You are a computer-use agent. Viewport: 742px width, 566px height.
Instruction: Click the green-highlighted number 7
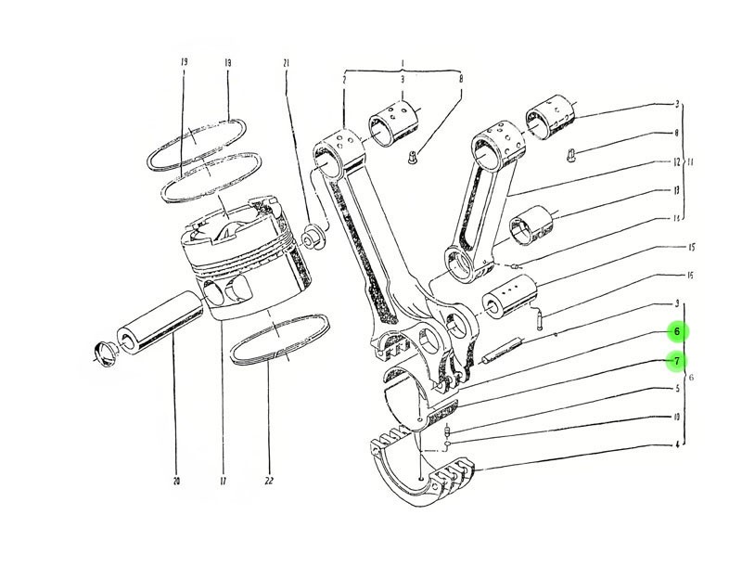677,360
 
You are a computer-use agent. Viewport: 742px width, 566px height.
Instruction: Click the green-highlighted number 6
677,331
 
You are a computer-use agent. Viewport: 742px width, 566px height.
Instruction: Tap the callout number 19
185,62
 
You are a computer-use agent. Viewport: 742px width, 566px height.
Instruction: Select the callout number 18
227,62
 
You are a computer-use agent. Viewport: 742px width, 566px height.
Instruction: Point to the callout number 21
287,62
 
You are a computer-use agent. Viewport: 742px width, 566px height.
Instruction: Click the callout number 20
175,481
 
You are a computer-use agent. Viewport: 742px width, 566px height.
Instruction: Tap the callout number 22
269,481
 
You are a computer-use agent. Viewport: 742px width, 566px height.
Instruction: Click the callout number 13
677,190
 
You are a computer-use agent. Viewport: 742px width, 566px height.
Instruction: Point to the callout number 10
677,417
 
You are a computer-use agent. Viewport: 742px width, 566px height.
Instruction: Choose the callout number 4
677,444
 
